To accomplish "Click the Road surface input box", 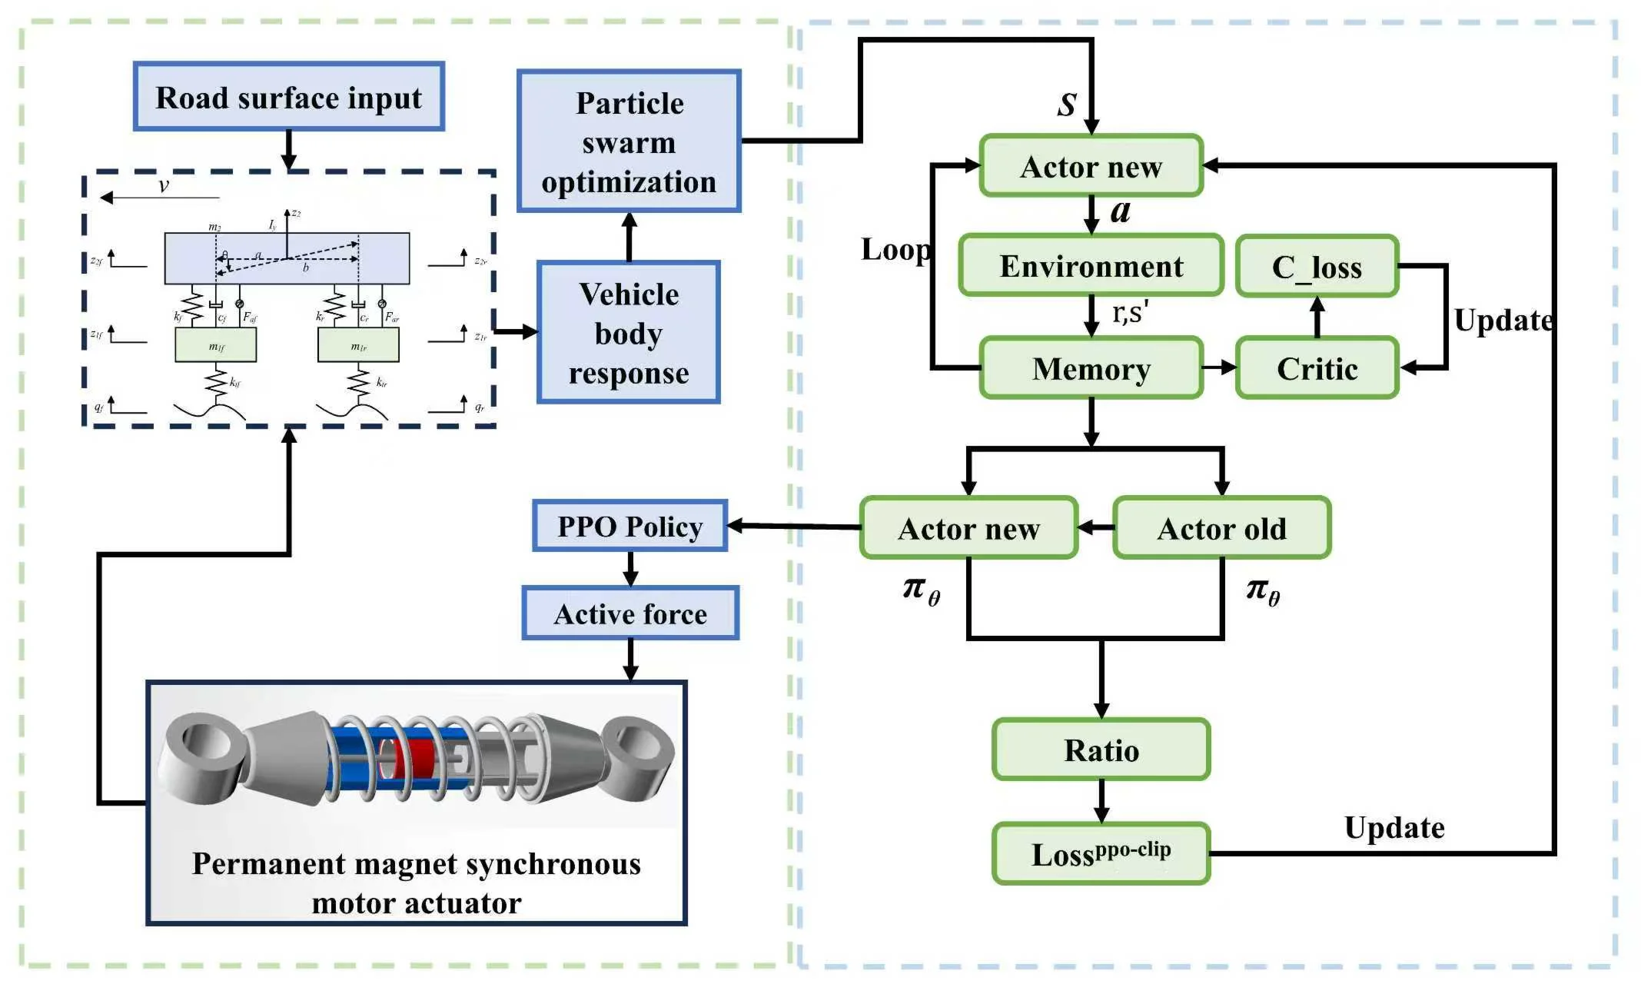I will tap(288, 97).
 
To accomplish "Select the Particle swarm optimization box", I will tap(629, 141).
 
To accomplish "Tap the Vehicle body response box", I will tap(628, 332).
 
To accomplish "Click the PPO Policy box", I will tap(629, 527).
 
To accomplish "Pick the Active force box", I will tap(630, 613).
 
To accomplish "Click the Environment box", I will tap(1091, 266).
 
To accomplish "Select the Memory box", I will tap(1091, 368).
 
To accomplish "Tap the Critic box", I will tap(1317, 368).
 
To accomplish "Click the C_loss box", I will tap(1317, 267).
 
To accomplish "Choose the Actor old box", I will tap(1221, 528).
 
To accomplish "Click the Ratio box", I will tap(1101, 750).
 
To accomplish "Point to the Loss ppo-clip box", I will tap(1101, 853).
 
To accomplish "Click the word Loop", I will tap(895, 249).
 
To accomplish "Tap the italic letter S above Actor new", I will tap(1067, 105).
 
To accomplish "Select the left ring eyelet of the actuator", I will tap(201, 753).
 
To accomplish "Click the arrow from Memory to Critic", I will tap(1220, 368).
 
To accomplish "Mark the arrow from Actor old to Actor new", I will tap(1096, 528).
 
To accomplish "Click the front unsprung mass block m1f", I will tap(216, 345).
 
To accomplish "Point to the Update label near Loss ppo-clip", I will tap(1394, 827).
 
